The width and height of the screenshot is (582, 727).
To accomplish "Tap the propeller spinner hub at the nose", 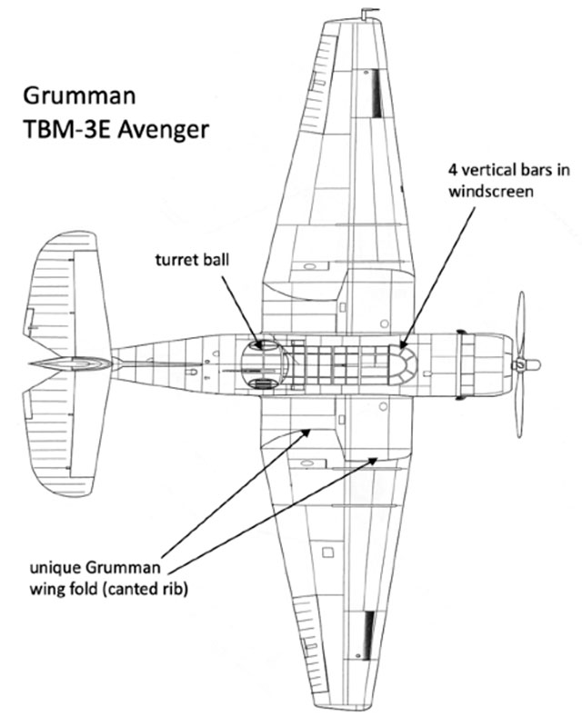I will coord(525,364).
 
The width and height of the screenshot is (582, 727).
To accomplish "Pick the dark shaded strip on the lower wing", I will coord(368,633).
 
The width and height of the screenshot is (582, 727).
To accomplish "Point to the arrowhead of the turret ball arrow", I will coord(260,344).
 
